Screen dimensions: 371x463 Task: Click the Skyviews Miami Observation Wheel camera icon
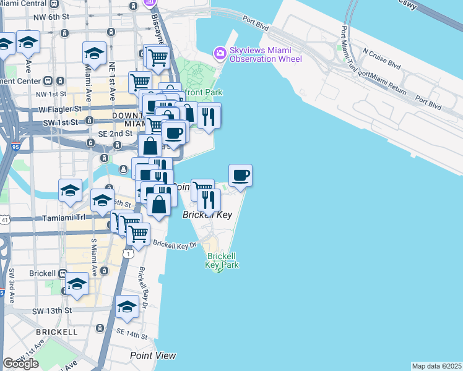pyautogui.click(x=219, y=54)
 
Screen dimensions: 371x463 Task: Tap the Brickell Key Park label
pyautogui.click(x=222, y=260)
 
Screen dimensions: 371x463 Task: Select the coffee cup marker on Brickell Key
pyautogui.click(x=240, y=176)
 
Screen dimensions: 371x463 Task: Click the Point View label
pyautogui.click(x=153, y=356)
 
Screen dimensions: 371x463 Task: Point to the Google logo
pyautogui.click(x=20, y=364)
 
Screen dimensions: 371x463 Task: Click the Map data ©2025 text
pyautogui.click(x=436, y=366)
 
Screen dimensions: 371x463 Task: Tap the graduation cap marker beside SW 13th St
pyautogui.click(x=127, y=307)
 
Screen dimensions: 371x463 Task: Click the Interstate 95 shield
pyautogui.click(x=15, y=148)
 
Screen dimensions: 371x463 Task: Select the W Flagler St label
pyautogui.click(x=61, y=109)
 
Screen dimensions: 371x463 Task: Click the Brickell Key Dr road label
pyautogui.click(x=175, y=244)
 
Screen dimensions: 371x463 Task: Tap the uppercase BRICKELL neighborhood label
pyautogui.click(x=56, y=332)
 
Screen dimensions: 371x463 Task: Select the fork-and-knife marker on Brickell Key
pyautogui.click(x=209, y=200)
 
